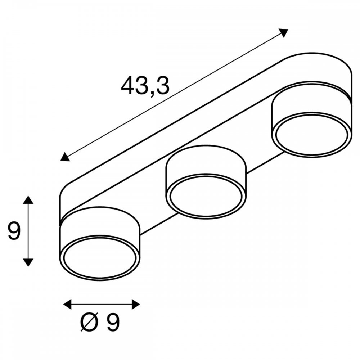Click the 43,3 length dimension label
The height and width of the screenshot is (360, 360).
point(145,86)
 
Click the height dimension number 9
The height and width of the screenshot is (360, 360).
point(14,231)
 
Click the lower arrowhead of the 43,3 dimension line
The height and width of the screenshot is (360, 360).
point(65,157)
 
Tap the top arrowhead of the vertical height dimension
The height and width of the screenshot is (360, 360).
point(28,200)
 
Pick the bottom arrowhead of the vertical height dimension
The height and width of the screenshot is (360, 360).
point(28,262)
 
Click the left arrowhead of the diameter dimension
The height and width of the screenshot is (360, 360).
point(68,305)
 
